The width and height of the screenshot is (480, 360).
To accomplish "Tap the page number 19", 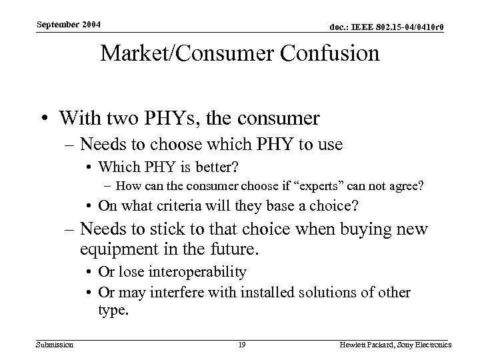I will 242,344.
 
